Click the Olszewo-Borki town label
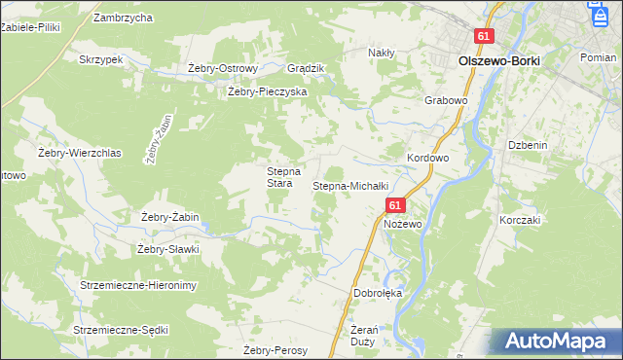point(498,59)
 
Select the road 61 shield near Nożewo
point(394,206)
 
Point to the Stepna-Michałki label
point(350,185)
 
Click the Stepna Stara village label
point(279,177)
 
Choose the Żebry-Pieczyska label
point(267,91)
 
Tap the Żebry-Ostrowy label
point(222,68)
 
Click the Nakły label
point(380,53)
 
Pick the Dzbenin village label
point(527,144)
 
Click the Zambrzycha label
point(123,18)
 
